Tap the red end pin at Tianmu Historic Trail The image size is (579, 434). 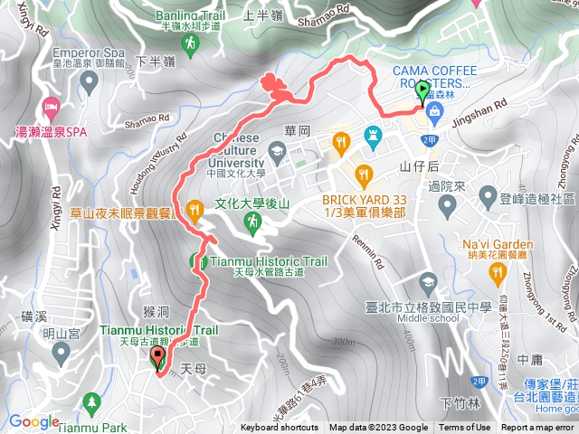point(158,359)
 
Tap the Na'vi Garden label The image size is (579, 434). point(498,244)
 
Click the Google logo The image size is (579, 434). point(34,421)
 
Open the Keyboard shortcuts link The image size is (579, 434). point(279,428)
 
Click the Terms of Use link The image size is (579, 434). point(465,428)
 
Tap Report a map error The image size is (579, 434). point(539,428)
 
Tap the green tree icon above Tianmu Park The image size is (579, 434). point(90,401)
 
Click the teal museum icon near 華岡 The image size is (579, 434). point(371,136)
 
